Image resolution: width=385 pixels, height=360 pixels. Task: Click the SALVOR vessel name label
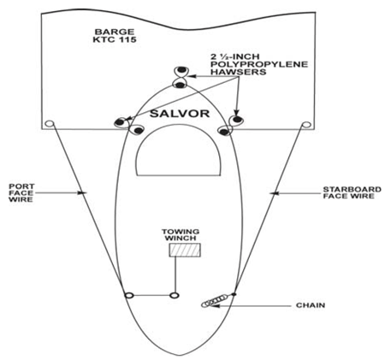coord(180,114)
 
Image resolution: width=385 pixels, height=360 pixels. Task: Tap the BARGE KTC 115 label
coord(115,35)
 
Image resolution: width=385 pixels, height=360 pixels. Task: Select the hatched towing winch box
coord(185,250)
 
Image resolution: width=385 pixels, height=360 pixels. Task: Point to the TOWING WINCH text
coord(181,234)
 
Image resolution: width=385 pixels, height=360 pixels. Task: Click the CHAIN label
coord(311,305)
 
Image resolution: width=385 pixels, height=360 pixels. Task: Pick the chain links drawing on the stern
coord(215,301)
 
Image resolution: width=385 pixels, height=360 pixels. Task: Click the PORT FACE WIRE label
coord(21,193)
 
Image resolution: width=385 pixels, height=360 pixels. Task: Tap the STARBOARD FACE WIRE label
coord(352,192)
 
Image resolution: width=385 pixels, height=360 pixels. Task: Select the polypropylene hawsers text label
coord(259,64)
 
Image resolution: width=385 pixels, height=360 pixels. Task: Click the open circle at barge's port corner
coord(50,124)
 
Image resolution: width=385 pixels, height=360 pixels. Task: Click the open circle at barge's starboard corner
coord(306,125)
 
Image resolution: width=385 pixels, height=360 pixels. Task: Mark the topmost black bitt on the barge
coord(181,70)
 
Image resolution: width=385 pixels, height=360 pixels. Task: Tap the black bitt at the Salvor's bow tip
coord(180,85)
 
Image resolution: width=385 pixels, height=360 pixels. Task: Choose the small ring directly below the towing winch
coord(175,295)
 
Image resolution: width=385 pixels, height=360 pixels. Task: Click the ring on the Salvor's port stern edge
coord(129,295)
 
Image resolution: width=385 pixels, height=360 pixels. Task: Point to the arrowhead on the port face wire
coord(82,193)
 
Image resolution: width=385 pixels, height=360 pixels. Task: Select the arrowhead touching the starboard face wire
coord(274,193)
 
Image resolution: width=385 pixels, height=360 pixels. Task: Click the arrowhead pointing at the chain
coord(215,305)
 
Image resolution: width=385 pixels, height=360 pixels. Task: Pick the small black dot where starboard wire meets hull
coord(234,294)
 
